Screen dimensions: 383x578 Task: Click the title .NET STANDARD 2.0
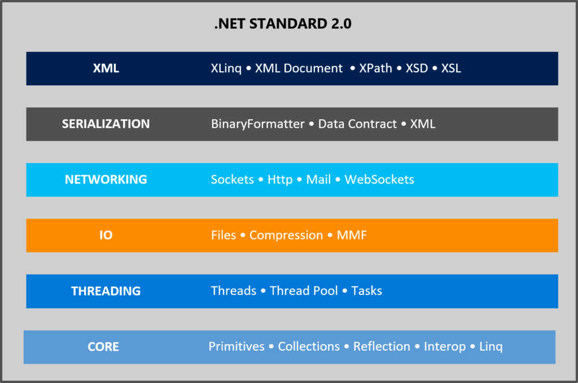tap(283, 25)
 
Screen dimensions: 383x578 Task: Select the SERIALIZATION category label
tap(106, 124)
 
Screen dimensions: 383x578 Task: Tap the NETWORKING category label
tap(106, 180)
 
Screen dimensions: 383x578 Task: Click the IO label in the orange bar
tap(106, 235)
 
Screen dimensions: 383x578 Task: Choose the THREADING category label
tap(106, 291)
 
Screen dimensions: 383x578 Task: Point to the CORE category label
tap(103, 347)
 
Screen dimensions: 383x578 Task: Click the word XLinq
tap(226, 68)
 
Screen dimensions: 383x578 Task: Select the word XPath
tap(375, 68)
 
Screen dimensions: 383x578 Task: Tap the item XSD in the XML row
tap(417, 68)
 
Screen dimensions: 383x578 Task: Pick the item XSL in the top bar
tap(451, 68)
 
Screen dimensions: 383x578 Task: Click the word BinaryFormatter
tap(257, 124)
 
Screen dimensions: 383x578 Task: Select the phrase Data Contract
tap(357, 124)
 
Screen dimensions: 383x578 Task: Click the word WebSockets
tap(379, 180)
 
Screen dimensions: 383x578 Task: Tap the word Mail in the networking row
tap(318, 180)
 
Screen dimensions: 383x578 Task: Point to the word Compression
tap(286, 235)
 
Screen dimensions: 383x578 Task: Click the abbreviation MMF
tap(352, 235)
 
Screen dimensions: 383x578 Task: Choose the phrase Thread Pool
tap(304, 291)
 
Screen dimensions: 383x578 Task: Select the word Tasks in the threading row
tap(366, 291)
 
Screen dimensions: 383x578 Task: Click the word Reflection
tap(382, 347)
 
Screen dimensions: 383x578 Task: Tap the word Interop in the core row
tap(445, 347)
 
